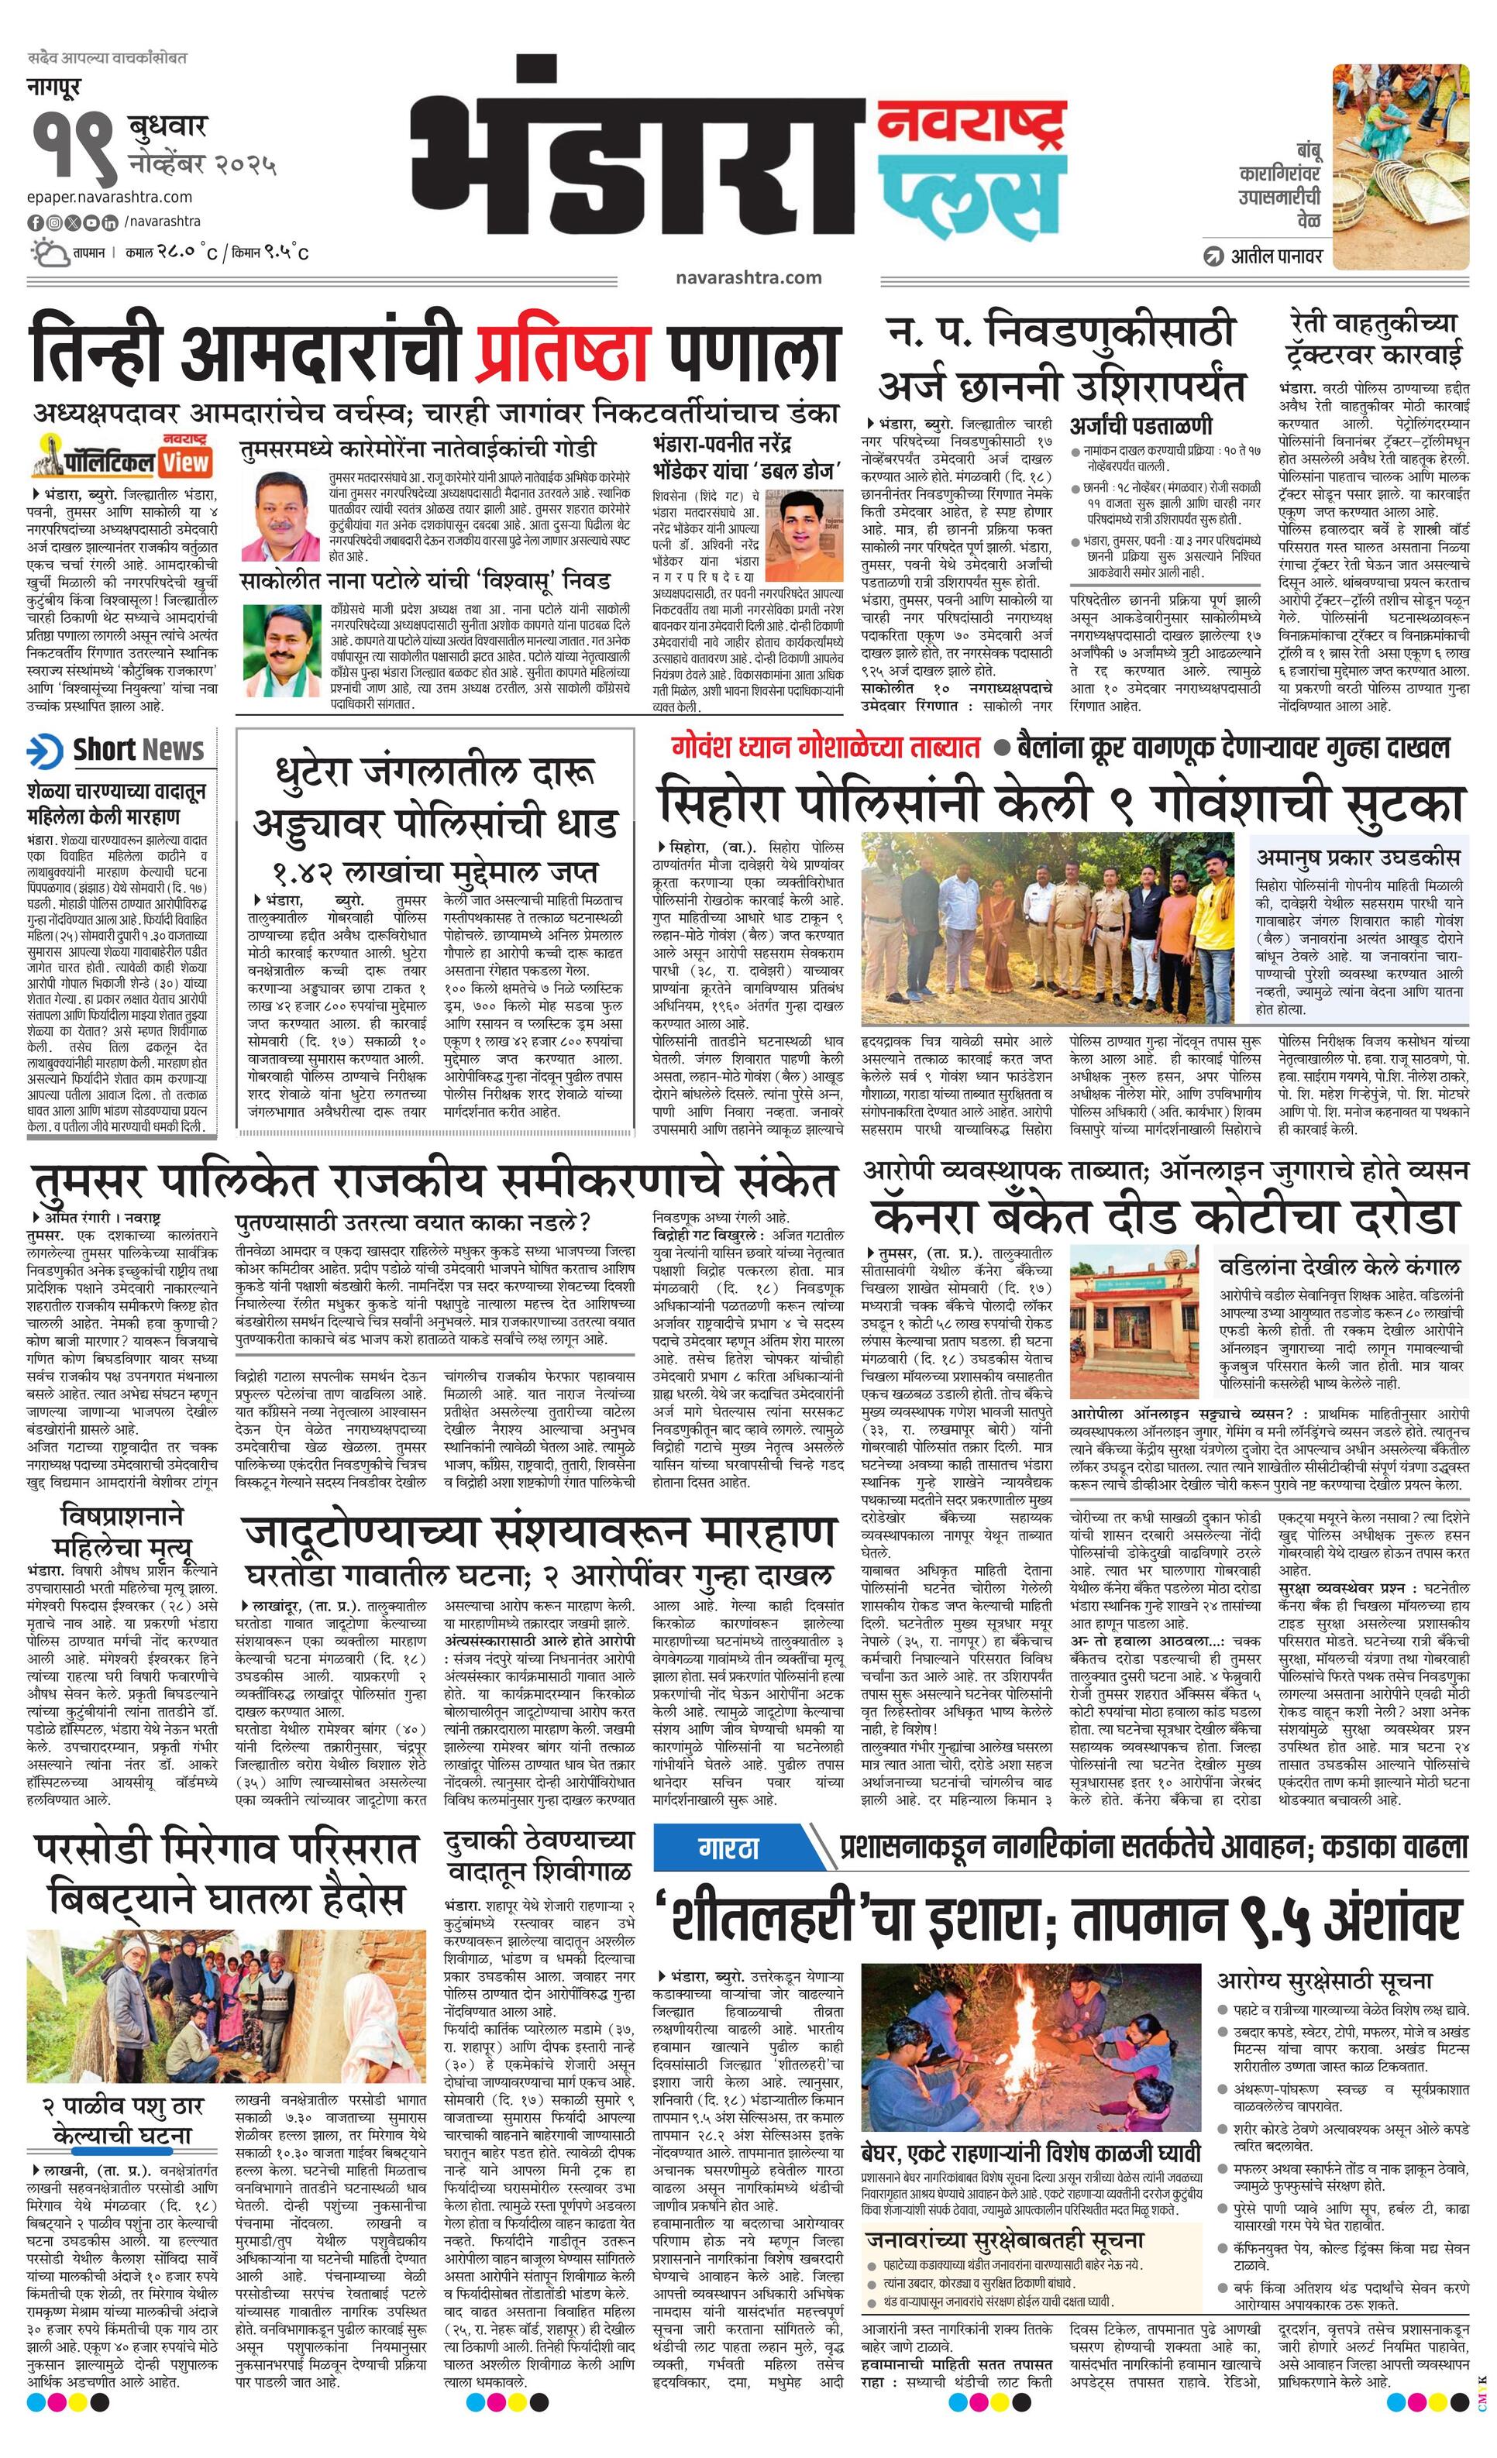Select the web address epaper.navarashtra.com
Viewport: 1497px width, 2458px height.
tap(110, 197)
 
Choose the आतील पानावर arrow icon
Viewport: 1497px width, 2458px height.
tap(1213, 256)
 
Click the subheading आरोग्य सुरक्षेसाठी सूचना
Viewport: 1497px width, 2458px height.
tap(1323, 1951)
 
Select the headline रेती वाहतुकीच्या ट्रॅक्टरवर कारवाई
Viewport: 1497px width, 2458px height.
tap(1371, 339)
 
